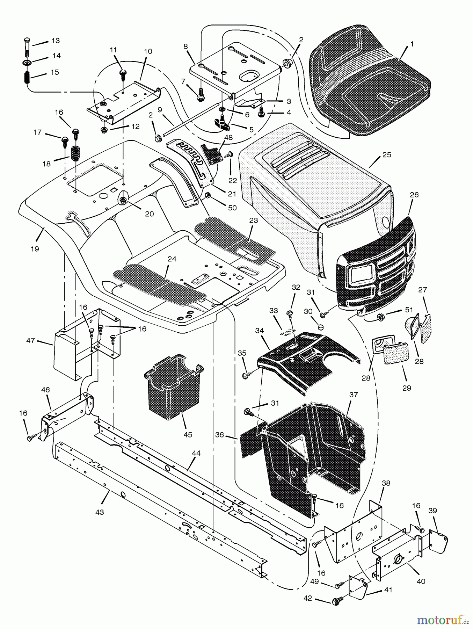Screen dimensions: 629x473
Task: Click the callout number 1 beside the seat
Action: point(412,44)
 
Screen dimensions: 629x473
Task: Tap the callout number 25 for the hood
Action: point(387,155)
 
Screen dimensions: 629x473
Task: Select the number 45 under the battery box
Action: point(188,435)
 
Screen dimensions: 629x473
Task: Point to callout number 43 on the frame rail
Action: point(100,512)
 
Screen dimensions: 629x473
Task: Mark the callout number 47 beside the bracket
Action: point(31,340)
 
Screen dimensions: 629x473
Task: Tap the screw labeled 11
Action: point(122,72)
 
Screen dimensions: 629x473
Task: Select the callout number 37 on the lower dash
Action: point(354,395)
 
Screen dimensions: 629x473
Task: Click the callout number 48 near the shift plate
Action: point(228,138)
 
